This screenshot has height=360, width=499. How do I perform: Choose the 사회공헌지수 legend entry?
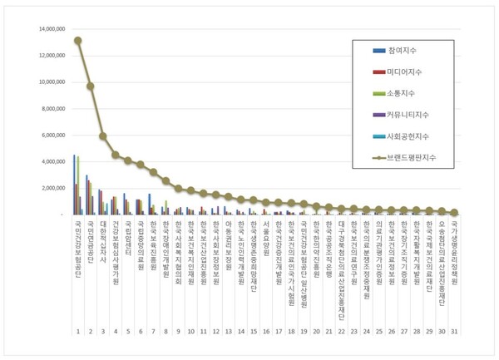coord(415,135)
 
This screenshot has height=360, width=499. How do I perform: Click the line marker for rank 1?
coord(77,40)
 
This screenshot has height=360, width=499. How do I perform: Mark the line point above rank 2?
coord(90,86)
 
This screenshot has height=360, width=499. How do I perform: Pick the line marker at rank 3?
coord(102,136)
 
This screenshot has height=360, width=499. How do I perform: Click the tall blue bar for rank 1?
coord(74,185)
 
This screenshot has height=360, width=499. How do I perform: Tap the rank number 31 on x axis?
coord(454,331)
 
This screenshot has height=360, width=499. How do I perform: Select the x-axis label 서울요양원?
coord(266,236)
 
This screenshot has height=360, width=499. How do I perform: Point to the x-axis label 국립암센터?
coord(128,238)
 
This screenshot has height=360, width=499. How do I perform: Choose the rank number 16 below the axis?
coord(266,331)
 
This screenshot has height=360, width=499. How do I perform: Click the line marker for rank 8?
coord(166,180)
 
